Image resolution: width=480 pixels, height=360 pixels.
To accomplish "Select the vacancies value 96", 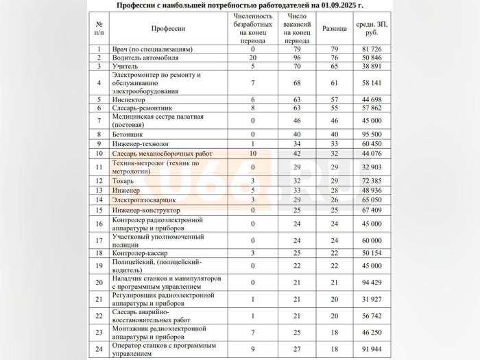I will click(297, 58).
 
